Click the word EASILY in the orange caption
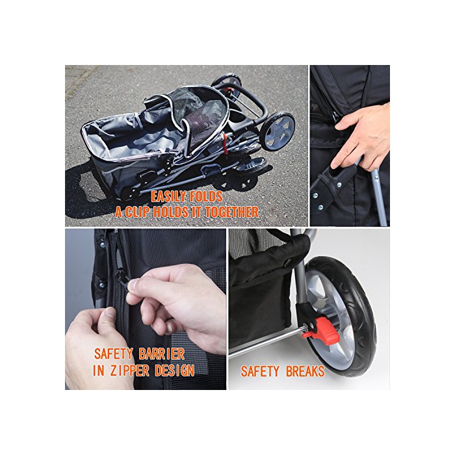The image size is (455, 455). tap(168, 197)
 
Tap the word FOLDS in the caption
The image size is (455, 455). tap(206, 197)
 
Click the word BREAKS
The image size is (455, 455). tap(305, 371)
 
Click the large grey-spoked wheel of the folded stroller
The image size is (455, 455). tap(278, 131)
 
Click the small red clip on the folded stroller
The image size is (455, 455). tap(224, 143)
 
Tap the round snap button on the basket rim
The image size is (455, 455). tap(287, 263)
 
